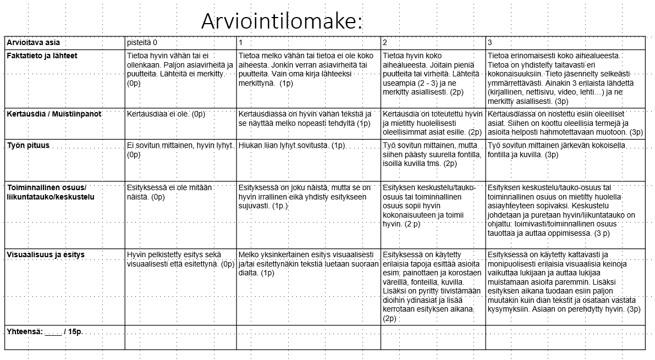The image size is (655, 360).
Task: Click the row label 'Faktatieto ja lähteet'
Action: (x=42, y=56)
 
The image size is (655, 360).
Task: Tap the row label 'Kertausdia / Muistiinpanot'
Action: (x=54, y=114)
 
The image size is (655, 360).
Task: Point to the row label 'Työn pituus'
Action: (x=28, y=145)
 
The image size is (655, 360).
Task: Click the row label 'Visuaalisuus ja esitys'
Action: (x=46, y=255)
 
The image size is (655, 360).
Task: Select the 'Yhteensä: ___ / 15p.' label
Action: (x=44, y=332)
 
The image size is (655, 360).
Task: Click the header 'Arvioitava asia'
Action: (x=33, y=43)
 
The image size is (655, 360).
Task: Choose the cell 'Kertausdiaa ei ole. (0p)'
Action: (x=166, y=114)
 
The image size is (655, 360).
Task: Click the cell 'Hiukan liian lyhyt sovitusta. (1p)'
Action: (x=292, y=146)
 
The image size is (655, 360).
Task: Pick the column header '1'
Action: (x=241, y=43)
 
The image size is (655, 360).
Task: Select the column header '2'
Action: (x=385, y=43)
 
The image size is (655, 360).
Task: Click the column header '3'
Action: (x=490, y=43)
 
